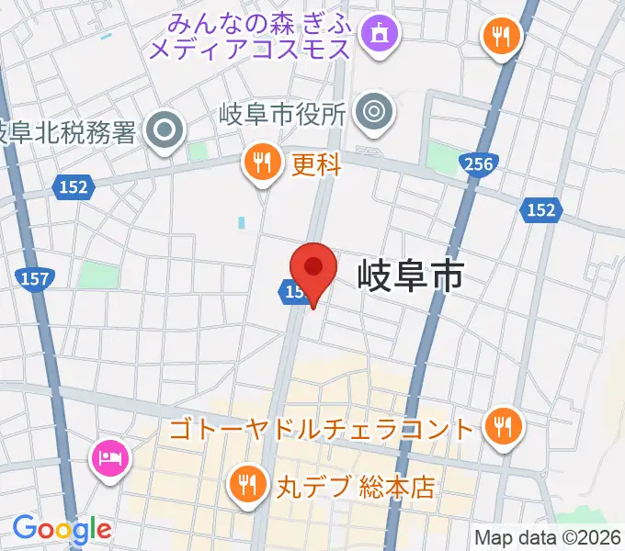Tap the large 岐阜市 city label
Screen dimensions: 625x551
(410, 275)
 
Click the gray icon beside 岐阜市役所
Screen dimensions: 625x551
(374, 112)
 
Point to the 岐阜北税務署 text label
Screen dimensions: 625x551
(68, 132)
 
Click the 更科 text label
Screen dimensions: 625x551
(317, 165)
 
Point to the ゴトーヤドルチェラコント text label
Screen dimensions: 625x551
(324, 428)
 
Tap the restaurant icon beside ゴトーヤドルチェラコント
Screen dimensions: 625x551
(503, 425)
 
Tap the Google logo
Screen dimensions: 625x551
(62, 529)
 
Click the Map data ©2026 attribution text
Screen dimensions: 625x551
(547, 538)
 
